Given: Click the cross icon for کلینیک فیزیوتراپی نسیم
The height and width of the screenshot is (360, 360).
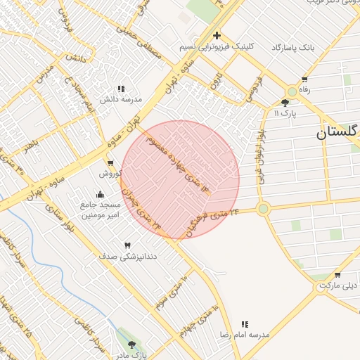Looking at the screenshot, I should (x=217, y=35).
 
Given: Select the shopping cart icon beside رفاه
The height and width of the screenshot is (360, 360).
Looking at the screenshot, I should (x=304, y=79).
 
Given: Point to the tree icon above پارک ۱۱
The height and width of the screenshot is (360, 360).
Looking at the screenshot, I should (x=285, y=103).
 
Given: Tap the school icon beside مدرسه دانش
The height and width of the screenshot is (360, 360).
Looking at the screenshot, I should (x=121, y=89).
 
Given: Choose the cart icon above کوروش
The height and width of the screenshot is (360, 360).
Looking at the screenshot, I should (x=110, y=163).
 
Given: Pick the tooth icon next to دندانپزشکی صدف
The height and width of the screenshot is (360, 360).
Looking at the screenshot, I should (x=127, y=245).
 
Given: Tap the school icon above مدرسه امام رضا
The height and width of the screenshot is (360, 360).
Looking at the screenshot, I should (x=245, y=324).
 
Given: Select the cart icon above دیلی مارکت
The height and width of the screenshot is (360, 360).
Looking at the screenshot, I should (x=338, y=275).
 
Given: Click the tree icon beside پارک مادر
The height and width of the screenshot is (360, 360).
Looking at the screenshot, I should (x=131, y=345).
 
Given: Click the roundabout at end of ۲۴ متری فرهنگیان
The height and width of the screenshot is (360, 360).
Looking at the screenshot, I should (x=264, y=208).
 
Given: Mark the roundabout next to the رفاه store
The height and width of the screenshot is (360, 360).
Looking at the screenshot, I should (x=292, y=91).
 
